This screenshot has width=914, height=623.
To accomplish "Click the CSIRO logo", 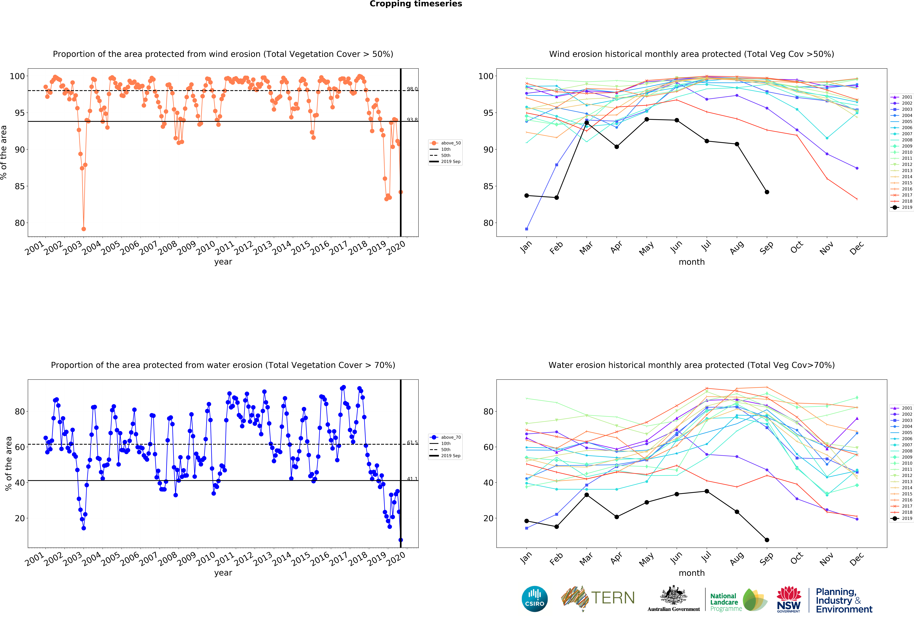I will [534, 599].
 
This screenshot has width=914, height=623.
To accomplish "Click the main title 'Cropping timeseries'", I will [416, 4].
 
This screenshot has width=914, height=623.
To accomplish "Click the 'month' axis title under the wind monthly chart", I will [691, 262].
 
